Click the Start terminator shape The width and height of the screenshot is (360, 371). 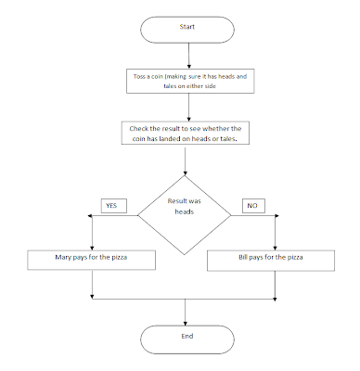tap(186, 27)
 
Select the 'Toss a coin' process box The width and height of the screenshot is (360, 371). tap(186, 82)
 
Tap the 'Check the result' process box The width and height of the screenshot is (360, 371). tap(186, 134)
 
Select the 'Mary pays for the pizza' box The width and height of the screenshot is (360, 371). tap(92, 258)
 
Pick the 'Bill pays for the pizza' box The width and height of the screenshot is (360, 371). tap(276, 258)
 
